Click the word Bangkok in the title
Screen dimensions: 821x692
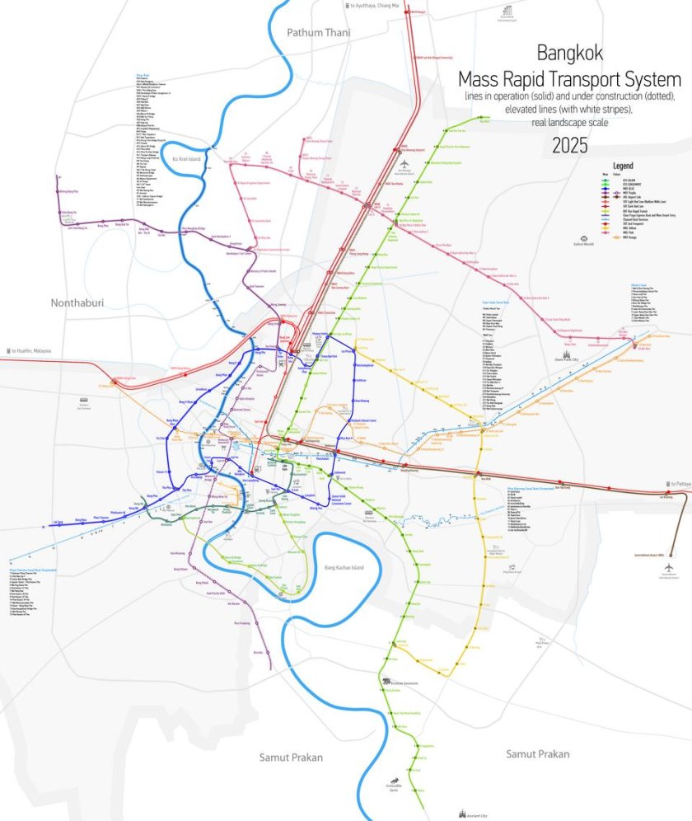pos(570,54)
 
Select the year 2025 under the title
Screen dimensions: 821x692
pos(570,145)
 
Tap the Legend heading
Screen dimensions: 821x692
pos(624,166)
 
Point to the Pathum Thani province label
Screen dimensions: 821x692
pos(319,32)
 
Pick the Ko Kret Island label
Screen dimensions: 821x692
pos(187,158)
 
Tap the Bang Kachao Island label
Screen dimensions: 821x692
pos(344,567)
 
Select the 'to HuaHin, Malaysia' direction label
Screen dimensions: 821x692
pos(29,350)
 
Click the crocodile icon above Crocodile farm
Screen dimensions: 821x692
pos(396,779)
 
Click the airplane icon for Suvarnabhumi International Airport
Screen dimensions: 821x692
pos(668,569)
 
